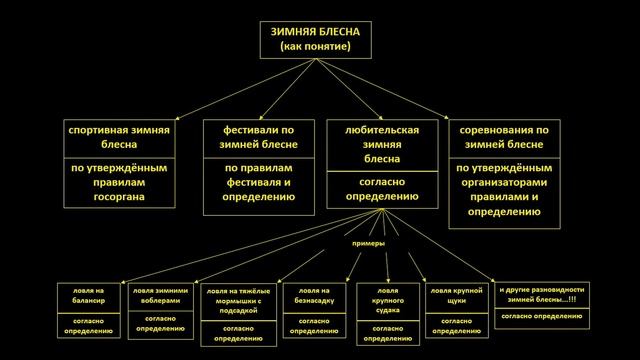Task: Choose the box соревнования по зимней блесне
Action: click(504, 138)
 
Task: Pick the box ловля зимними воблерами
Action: click(160, 297)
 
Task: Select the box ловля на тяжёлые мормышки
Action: click(237, 298)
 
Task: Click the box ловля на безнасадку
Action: click(314, 297)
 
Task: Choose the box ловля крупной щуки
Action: click(456, 297)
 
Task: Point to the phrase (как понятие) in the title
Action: click(319, 46)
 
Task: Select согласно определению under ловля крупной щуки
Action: click(456, 324)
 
